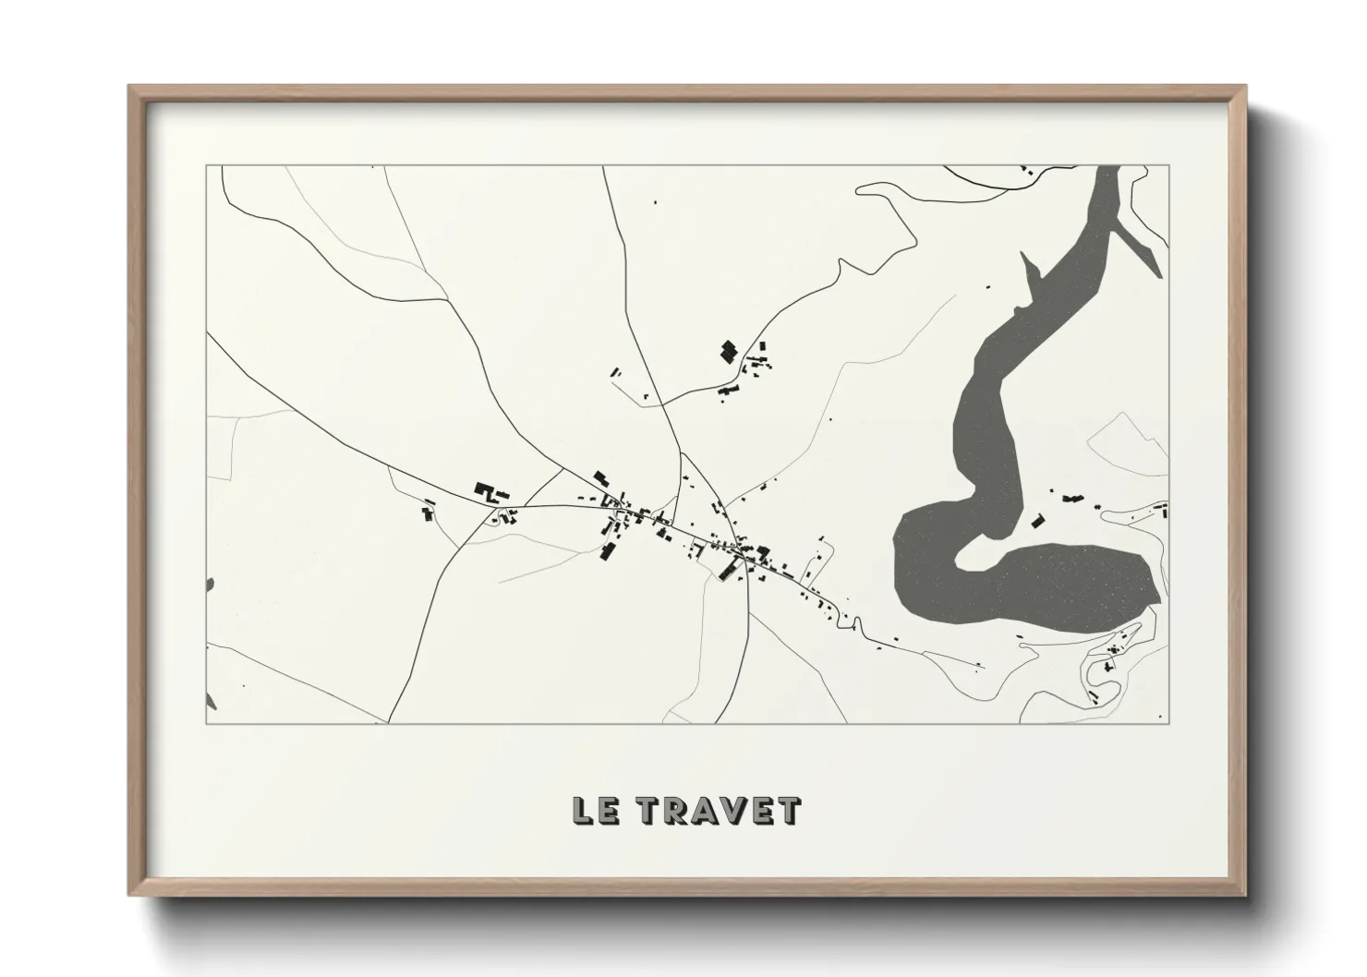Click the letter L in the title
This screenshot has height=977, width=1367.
pyautogui.click(x=584, y=811)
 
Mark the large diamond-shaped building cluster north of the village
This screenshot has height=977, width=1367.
pyautogui.click(x=730, y=351)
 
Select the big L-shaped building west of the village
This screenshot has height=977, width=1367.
pyautogui.click(x=486, y=491)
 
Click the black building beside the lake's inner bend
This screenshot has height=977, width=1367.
pyautogui.click(x=1037, y=521)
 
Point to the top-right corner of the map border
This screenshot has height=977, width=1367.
pyautogui.click(x=1168, y=166)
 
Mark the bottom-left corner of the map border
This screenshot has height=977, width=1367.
pyautogui.click(x=207, y=723)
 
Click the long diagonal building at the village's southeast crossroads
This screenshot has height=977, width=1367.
pyautogui.click(x=730, y=570)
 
